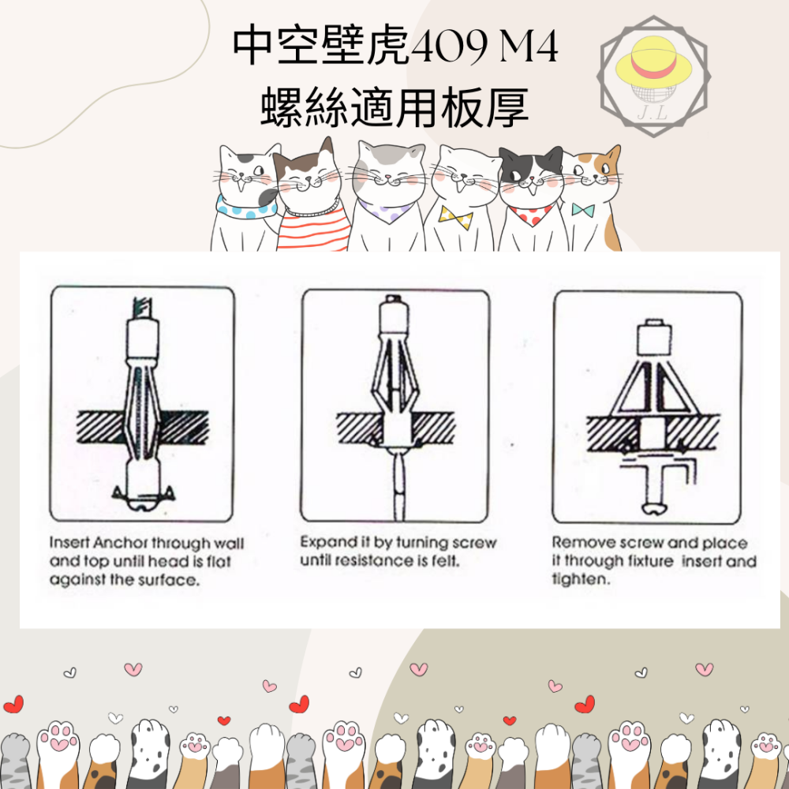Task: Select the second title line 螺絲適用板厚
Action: click(x=394, y=108)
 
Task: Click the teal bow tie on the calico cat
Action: click(x=583, y=210)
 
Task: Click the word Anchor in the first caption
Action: click(x=121, y=544)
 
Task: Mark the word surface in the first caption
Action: click(x=170, y=579)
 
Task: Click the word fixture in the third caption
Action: click(x=649, y=561)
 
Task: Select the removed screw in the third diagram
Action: click(x=654, y=485)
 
